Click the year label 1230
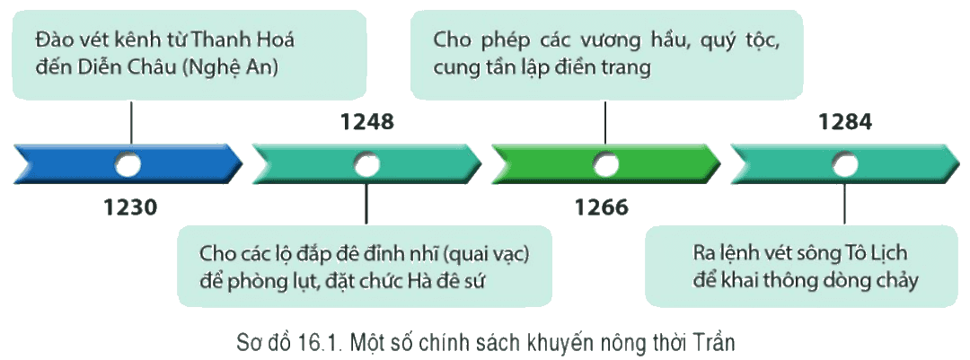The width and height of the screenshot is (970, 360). coord(131,206)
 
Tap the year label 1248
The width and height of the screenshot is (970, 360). coord(366,122)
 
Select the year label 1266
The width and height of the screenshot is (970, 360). coord(602,206)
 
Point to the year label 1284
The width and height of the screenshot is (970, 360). coord(845,122)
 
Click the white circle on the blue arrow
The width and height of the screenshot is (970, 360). coord(128,165)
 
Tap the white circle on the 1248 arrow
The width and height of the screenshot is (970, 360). coord(366,165)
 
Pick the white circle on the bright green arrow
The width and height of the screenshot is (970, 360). coord(605,165)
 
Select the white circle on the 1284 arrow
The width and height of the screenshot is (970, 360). coord(844,165)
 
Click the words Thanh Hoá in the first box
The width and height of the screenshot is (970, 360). coord(243,40)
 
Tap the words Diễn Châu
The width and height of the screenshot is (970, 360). coord(116,67)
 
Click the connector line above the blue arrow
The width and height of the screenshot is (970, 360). coord(131,122)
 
